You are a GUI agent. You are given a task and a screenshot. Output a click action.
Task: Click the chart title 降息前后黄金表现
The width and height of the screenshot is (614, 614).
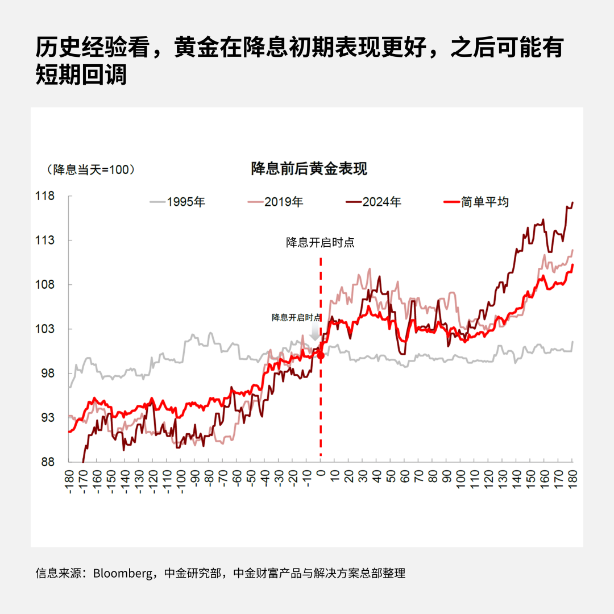pos(309,169)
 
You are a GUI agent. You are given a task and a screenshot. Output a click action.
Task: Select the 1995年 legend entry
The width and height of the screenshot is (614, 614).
pos(177,202)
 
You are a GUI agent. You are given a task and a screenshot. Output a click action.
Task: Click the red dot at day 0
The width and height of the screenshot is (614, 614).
pos(321,355)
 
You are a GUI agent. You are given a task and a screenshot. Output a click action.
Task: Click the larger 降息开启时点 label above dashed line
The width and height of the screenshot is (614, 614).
pos(320,243)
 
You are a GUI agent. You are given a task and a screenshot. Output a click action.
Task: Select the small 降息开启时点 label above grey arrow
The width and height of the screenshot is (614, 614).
pos(296,317)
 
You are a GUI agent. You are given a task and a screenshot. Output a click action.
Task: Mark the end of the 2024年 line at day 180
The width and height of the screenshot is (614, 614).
pos(572,202)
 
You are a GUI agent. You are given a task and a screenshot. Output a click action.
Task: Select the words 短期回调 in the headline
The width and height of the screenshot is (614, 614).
pos(81,76)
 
